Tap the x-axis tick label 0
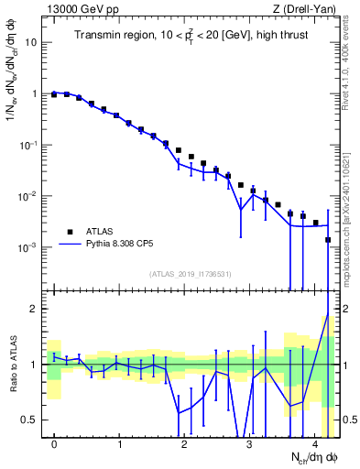(54, 444)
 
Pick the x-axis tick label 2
(184, 444)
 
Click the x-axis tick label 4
(315, 444)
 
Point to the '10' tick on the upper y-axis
(33, 42)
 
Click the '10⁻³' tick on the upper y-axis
(30, 248)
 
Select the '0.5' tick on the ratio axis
(30, 420)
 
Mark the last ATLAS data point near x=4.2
(328, 240)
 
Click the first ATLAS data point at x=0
(54, 94)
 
